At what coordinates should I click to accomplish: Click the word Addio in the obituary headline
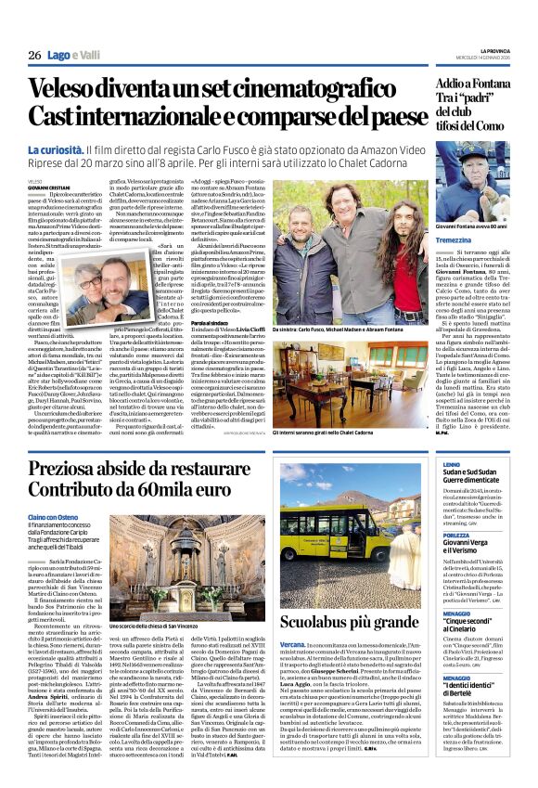click(x=456, y=84)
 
